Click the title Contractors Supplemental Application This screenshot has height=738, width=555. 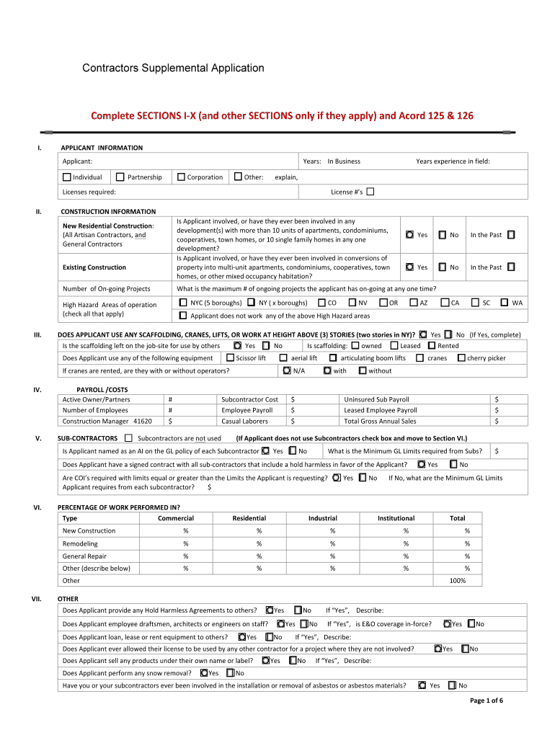click(173, 68)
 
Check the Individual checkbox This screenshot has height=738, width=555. click(66, 177)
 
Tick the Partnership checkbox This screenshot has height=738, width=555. click(121, 177)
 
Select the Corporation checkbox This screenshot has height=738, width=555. click(181, 177)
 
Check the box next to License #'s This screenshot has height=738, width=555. click(370, 192)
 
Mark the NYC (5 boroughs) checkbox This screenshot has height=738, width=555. click(183, 303)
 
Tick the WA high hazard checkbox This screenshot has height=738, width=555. click(504, 303)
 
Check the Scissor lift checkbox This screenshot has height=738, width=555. click(230, 357)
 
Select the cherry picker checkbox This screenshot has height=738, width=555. click(461, 357)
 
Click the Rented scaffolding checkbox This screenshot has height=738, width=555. click(431, 345)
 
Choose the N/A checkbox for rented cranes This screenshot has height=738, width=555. click(287, 370)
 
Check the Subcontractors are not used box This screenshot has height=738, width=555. click(128, 437)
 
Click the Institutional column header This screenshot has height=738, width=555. click(396, 518)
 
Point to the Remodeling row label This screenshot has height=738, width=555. click(79, 543)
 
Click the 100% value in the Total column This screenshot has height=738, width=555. click(457, 580)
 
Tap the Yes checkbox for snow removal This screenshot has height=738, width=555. click(204, 673)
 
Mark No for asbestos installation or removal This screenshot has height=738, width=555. click(452, 685)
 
